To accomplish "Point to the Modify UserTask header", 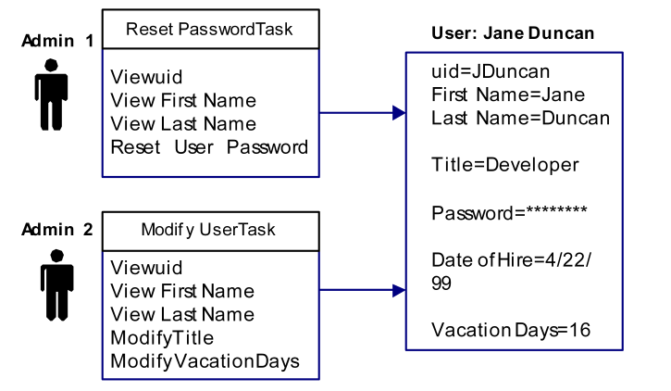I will click(211, 228).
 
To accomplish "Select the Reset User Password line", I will click(210, 147).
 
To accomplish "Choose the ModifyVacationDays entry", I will click(205, 361).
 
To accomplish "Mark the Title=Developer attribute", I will click(505, 164).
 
